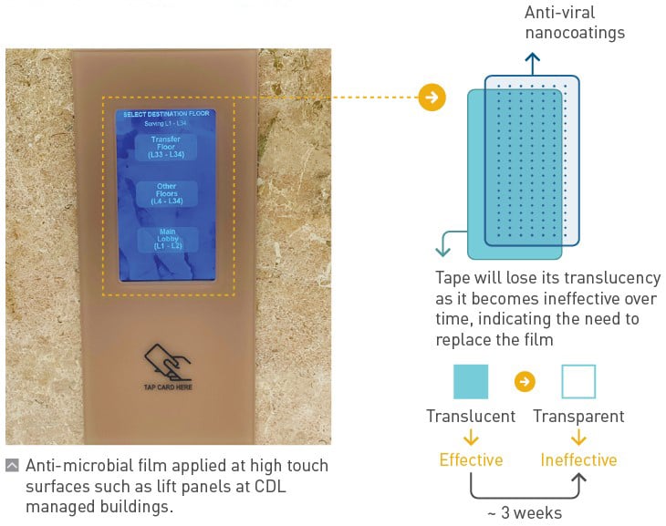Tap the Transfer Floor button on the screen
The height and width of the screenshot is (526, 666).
point(166,147)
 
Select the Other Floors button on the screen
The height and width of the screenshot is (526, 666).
point(166,192)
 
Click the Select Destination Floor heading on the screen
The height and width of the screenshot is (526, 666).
point(166,114)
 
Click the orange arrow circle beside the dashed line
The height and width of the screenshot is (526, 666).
point(432,98)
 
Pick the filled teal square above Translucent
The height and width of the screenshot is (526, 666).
point(471,381)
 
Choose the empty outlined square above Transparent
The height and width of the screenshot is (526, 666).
point(578,381)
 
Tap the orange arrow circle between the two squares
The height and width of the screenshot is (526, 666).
point(525,382)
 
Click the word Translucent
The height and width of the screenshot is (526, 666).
point(471,417)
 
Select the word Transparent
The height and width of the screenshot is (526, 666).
point(578,417)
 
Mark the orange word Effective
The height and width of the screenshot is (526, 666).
point(471,459)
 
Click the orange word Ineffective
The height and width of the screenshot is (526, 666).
point(578,459)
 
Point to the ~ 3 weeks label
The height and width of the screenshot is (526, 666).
point(525,512)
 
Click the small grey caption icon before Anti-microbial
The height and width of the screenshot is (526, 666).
point(12,466)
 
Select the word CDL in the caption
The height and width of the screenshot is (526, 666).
point(270,486)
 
